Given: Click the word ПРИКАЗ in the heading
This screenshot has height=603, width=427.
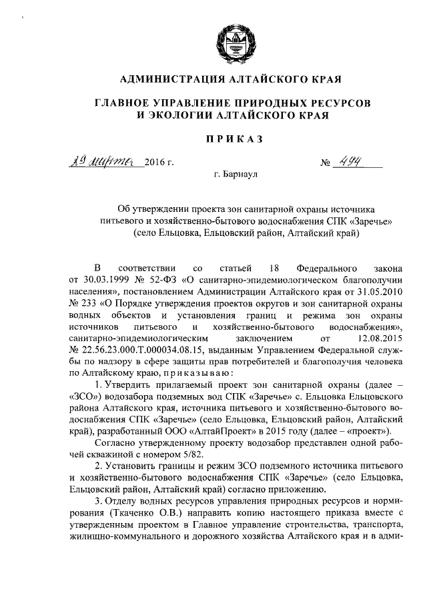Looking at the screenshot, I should click(229, 139).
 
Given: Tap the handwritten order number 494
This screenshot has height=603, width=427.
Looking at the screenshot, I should click(348, 161).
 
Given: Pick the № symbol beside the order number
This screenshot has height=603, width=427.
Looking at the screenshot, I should click(326, 163).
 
